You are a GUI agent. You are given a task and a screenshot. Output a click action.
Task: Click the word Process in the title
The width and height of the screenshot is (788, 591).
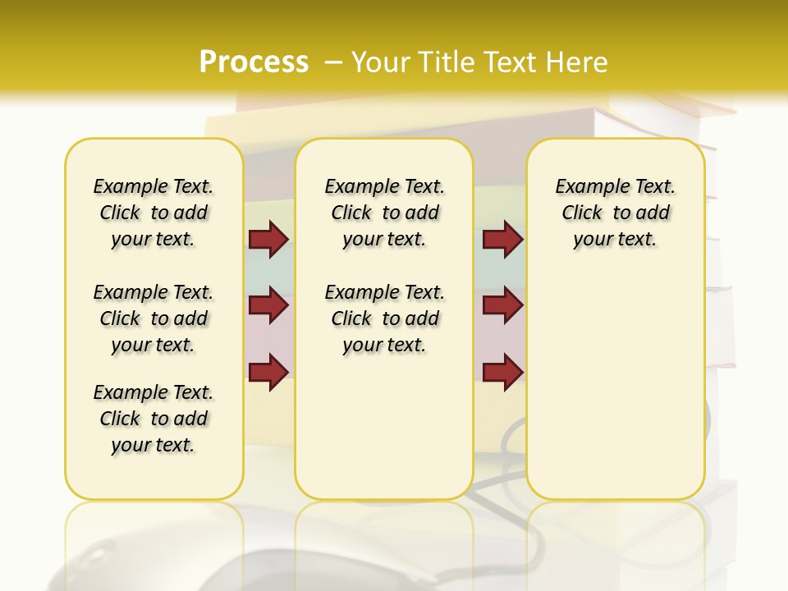[254, 62]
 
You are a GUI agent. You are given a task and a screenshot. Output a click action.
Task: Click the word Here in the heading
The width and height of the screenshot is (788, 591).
[578, 62]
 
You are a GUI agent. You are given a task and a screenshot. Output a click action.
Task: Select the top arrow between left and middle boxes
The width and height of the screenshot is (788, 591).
[268, 240]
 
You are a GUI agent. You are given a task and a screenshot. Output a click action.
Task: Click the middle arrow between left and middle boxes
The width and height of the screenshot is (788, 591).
[268, 306]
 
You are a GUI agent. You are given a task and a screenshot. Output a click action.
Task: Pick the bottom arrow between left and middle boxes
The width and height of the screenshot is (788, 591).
[268, 372]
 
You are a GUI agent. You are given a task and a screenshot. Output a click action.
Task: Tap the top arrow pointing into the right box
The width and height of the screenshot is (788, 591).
[502, 240]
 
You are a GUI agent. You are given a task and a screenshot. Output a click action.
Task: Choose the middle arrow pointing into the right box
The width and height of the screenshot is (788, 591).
[502, 306]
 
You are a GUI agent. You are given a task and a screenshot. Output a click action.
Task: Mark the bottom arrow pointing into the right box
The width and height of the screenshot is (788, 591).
[502, 372]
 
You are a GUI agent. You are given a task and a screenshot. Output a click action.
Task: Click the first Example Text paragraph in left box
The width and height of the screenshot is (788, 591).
[153, 213]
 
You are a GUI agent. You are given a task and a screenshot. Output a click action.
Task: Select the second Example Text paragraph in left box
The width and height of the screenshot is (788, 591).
[153, 318]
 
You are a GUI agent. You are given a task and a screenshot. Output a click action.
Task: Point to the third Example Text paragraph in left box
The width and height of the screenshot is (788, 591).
[153, 419]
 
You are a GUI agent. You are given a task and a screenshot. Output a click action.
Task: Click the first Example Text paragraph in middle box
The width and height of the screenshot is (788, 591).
[384, 213]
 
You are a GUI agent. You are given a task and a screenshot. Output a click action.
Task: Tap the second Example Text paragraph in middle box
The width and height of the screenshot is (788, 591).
[384, 318]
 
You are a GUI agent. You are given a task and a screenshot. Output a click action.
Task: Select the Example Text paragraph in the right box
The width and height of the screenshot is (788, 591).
[615, 213]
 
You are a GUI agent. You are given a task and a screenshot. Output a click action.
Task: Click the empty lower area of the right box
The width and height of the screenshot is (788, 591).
[615, 394]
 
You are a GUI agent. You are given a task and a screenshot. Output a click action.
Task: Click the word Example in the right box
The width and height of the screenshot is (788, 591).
[586, 186]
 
